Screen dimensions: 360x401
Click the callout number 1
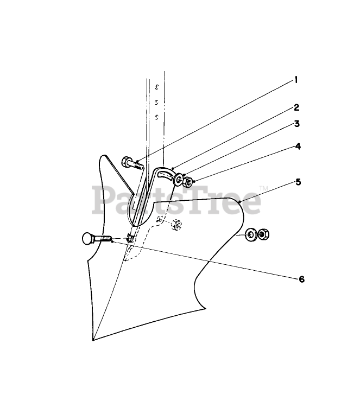[x=296, y=80]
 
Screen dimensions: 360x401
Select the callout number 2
[x=296, y=107]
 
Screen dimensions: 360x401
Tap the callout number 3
[x=296, y=124]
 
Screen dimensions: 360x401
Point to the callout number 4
[x=298, y=147]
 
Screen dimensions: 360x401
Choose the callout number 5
[x=298, y=182]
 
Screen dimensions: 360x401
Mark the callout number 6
[x=301, y=279]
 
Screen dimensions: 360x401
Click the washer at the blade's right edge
[x=251, y=235]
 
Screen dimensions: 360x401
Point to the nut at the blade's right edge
[x=263, y=234]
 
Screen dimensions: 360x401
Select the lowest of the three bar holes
[x=156, y=117]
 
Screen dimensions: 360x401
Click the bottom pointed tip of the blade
[x=93, y=340]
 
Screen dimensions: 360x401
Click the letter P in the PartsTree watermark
[x=103, y=201]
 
